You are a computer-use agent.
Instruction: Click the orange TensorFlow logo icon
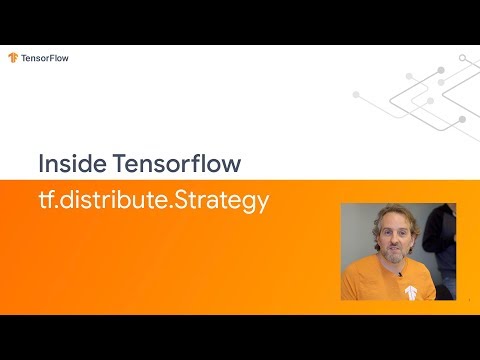(13, 58)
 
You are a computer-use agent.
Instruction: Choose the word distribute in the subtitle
(114, 200)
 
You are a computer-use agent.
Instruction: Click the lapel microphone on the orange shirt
(399, 274)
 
